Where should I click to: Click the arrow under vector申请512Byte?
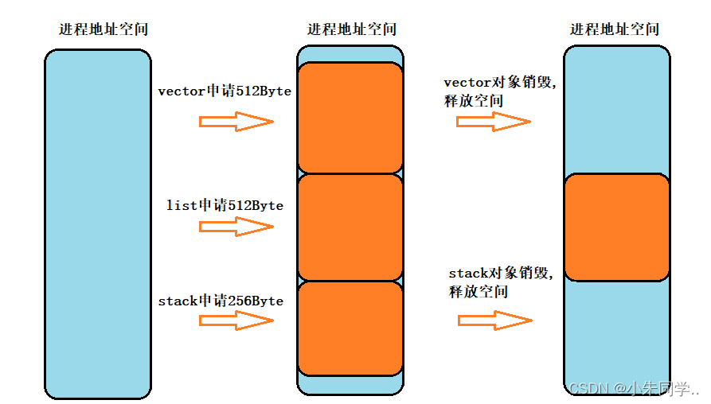tap(236, 122)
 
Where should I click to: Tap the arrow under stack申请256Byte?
tap(236, 320)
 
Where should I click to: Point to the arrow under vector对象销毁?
tap(493, 122)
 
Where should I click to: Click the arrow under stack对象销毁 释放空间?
tap(494, 320)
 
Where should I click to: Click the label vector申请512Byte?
tap(225, 91)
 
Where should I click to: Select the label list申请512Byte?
tap(225, 205)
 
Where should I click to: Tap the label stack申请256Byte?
tap(221, 301)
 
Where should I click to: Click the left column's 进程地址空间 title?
tap(104, 29)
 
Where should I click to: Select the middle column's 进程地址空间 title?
tap(351, 29)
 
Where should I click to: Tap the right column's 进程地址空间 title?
tap(615, 29)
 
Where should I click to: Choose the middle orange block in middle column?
tap(350, 227)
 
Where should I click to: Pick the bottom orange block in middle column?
tap(350, 328)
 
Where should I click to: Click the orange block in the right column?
tap(616, 227)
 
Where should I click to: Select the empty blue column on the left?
tap(98, 223)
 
